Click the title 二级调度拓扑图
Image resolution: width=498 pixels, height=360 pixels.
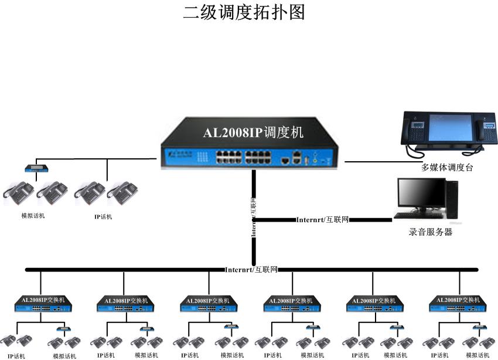244,12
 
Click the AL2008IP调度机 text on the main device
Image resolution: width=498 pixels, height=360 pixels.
253,133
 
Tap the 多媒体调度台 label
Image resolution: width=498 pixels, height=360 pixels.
447,167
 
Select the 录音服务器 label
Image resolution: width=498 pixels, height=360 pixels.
431,232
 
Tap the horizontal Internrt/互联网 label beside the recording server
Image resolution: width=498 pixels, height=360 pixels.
322,220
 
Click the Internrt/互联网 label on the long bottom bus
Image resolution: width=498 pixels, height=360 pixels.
251,270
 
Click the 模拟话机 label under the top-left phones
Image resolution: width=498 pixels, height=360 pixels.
33,216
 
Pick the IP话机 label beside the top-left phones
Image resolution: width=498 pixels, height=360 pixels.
103,217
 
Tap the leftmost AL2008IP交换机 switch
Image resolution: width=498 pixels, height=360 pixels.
42,304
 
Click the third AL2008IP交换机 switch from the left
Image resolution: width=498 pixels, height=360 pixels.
208,304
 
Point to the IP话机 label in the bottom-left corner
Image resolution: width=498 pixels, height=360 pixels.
16,356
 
